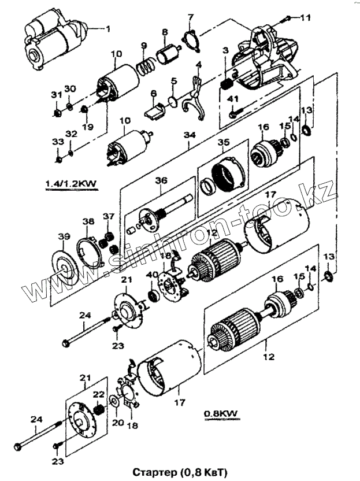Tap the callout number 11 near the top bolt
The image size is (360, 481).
(x=305, y=18)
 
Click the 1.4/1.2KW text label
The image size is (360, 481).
(x=70, y=184)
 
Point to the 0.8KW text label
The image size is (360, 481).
(x=222, y=413)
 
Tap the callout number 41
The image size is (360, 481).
(x=233, y=99)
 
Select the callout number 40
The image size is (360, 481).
(x=151, y=275)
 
